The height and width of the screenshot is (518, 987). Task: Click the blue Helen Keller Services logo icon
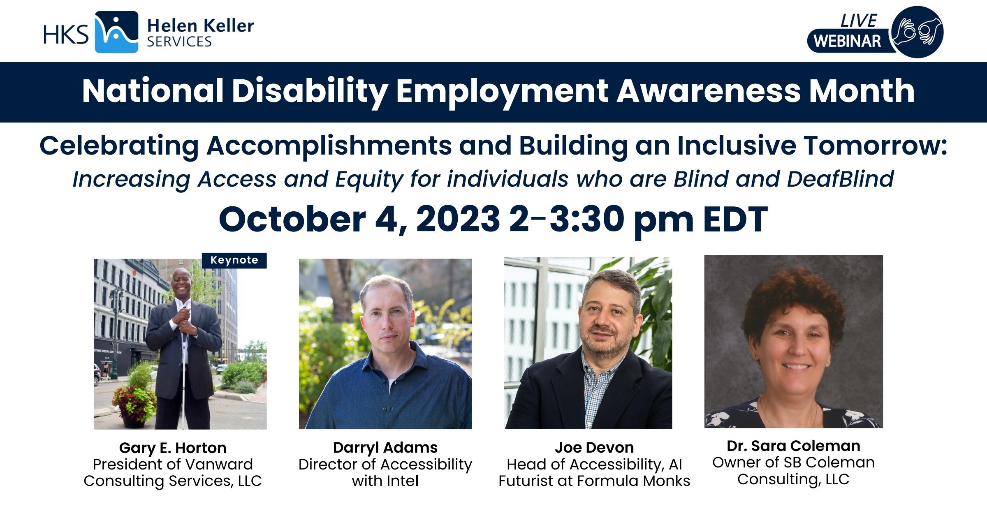click(x=116, y=32)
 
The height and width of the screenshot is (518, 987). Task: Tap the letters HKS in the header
click(x=66, y=34)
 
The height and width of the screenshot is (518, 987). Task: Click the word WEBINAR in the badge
click(x=848, y=41)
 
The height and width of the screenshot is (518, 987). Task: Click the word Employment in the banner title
click(x=502, y=91)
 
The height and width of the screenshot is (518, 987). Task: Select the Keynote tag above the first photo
click(x=234, y=260)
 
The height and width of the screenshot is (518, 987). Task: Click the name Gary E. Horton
click(x=173, y=448)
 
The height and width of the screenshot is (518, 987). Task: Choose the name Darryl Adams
click(x=385, y=448)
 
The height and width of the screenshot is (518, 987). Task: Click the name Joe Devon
click(x=594, y=448)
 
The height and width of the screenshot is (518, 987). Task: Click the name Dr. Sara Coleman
click(x=793, y=446)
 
